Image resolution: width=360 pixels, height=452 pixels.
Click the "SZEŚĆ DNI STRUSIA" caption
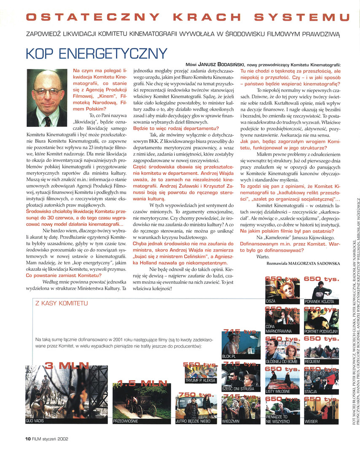pyautogui.click(x=238, y=389)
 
